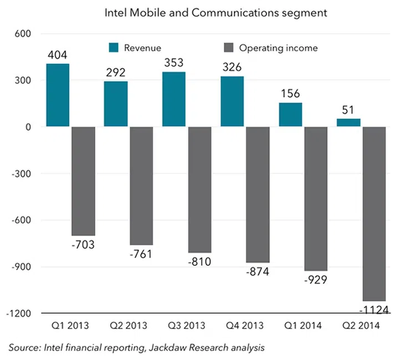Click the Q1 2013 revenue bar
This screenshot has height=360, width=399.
tap(58, 95)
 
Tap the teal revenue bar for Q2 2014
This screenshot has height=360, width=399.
tap(349, 122)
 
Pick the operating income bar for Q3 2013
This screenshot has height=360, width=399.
tap(199, 189)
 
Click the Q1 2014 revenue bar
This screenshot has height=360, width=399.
tap(290, 115)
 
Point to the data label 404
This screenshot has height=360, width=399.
tap(58, 55)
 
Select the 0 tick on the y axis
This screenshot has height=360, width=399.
tap(28, 127)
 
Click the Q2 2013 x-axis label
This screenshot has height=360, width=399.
tap(129, 326)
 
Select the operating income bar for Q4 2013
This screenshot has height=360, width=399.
tap(258, 194)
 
